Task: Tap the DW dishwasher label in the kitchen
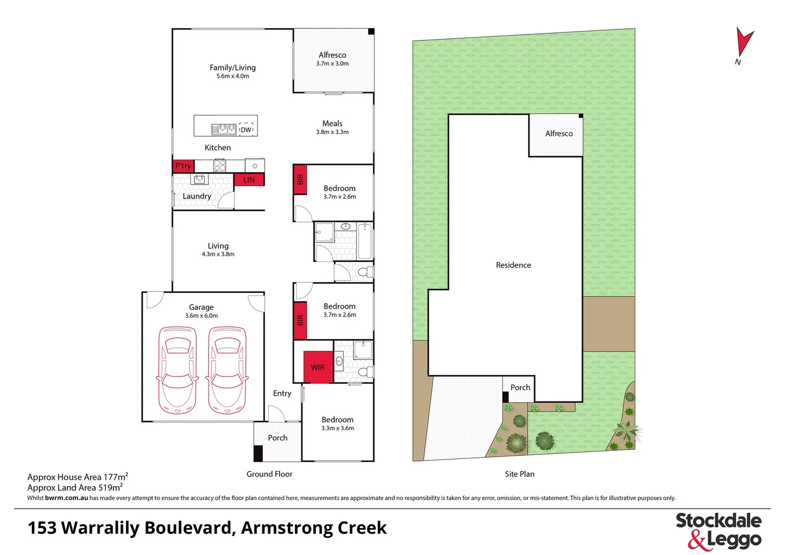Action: (246, 129)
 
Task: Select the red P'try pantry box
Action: (182, 165)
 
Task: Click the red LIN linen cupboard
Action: (249, 179)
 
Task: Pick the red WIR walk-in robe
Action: (318, 367)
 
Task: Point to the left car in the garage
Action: (177, 369)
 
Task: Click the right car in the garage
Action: (227, 369)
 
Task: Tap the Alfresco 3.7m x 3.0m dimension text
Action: (332, 64)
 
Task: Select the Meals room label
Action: (332, 123)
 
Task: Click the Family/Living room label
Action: (232, 67)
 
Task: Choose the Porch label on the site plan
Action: (520, 387)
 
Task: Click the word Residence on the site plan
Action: (513, 265)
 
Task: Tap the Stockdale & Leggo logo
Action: (718, 531)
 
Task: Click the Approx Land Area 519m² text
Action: (75, 488)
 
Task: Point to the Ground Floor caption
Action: (269, 474)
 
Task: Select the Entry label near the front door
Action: (282, 393)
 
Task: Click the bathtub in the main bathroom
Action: (364, 240)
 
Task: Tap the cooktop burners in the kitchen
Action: (220, 165)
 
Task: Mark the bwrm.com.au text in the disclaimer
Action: (66, 498)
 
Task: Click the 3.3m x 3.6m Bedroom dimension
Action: (337, 428)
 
